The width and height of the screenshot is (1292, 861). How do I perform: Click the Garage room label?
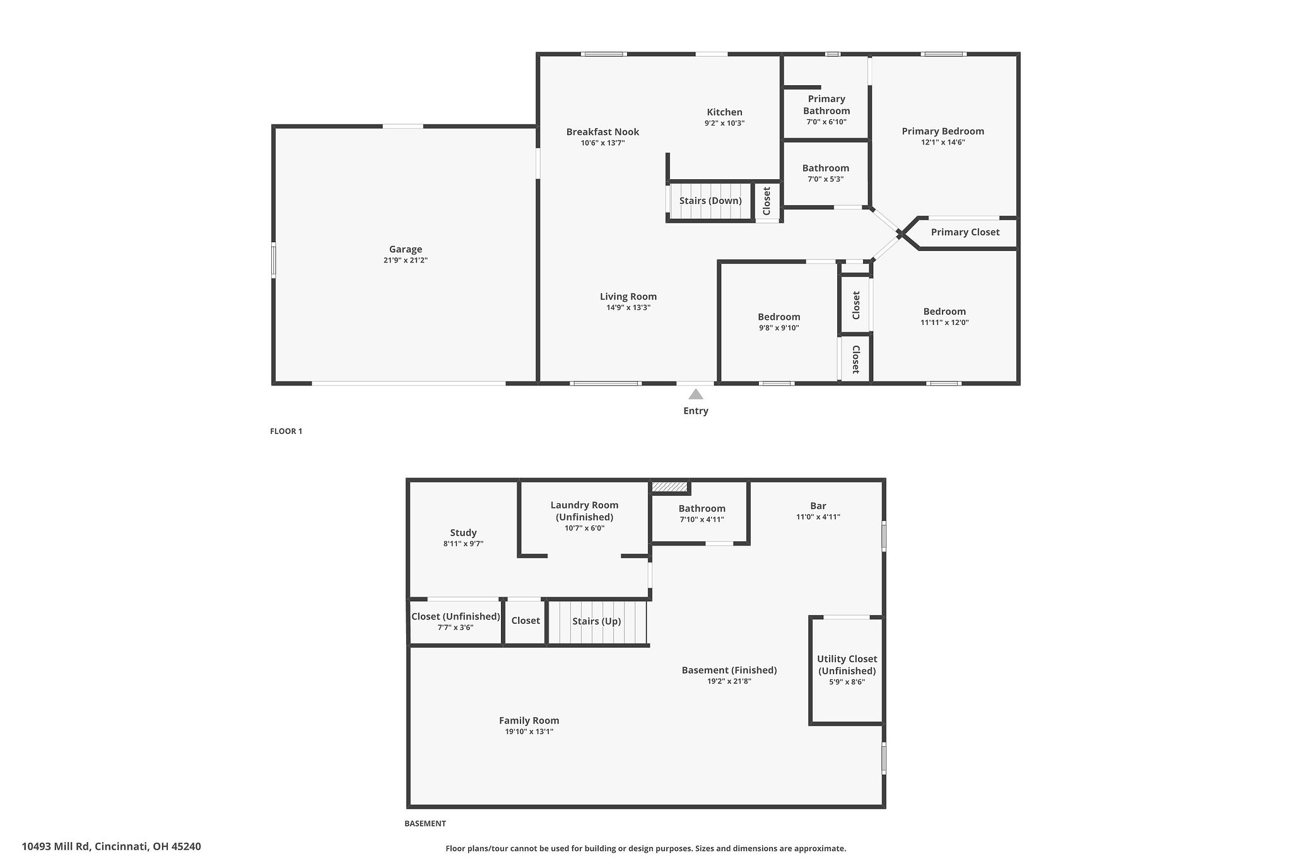click(405, 249)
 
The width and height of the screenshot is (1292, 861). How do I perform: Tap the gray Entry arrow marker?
click(695, 395)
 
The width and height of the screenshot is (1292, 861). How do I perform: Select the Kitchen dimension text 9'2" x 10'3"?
click(724, 124)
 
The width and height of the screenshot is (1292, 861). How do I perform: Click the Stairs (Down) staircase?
click(710, 201)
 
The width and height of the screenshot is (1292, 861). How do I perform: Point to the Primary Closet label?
click(965, 232)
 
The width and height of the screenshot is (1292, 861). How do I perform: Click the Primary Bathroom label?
click(826, 105)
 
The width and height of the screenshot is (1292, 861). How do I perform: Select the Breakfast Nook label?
click(602, 132)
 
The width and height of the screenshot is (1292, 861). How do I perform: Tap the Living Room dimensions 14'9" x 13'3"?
click(628, 308)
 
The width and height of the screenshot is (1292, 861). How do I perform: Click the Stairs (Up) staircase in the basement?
click(596, 622)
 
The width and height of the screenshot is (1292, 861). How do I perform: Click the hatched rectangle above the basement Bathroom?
click(669, 486)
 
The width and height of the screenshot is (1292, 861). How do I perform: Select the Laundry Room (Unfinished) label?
click(584, 511)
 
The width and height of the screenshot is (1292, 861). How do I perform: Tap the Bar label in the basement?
click(818, 506)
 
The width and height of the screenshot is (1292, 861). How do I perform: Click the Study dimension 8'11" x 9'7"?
click(463, 544)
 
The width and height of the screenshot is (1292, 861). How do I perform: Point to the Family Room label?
click(529, 720)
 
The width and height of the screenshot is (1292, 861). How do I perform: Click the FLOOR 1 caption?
click(286, 431)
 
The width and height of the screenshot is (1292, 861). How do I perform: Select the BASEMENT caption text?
click(425, 824)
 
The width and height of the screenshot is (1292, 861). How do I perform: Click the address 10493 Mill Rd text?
click(111, 846)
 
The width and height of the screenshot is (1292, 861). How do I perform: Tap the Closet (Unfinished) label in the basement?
click(455, 616)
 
